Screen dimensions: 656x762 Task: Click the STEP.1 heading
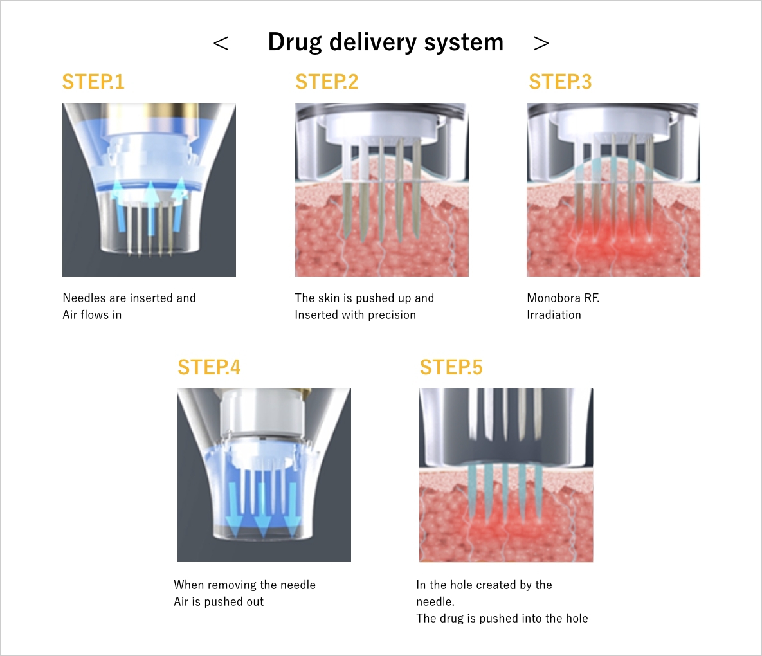pos(93,82)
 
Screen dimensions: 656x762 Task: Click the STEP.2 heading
pos(327,82)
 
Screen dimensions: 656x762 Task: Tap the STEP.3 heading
pos(560,82)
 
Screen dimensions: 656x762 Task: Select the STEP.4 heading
pos(209,367)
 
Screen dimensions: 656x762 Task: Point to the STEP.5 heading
pos(451,367)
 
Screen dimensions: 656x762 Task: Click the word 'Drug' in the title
pos(295,42)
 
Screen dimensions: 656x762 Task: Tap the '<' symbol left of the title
pos(221,44)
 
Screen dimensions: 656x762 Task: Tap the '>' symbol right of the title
pos(541,44)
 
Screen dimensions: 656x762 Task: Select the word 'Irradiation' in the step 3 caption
pos(554,315)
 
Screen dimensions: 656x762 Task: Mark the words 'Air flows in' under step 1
pos(92,315)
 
